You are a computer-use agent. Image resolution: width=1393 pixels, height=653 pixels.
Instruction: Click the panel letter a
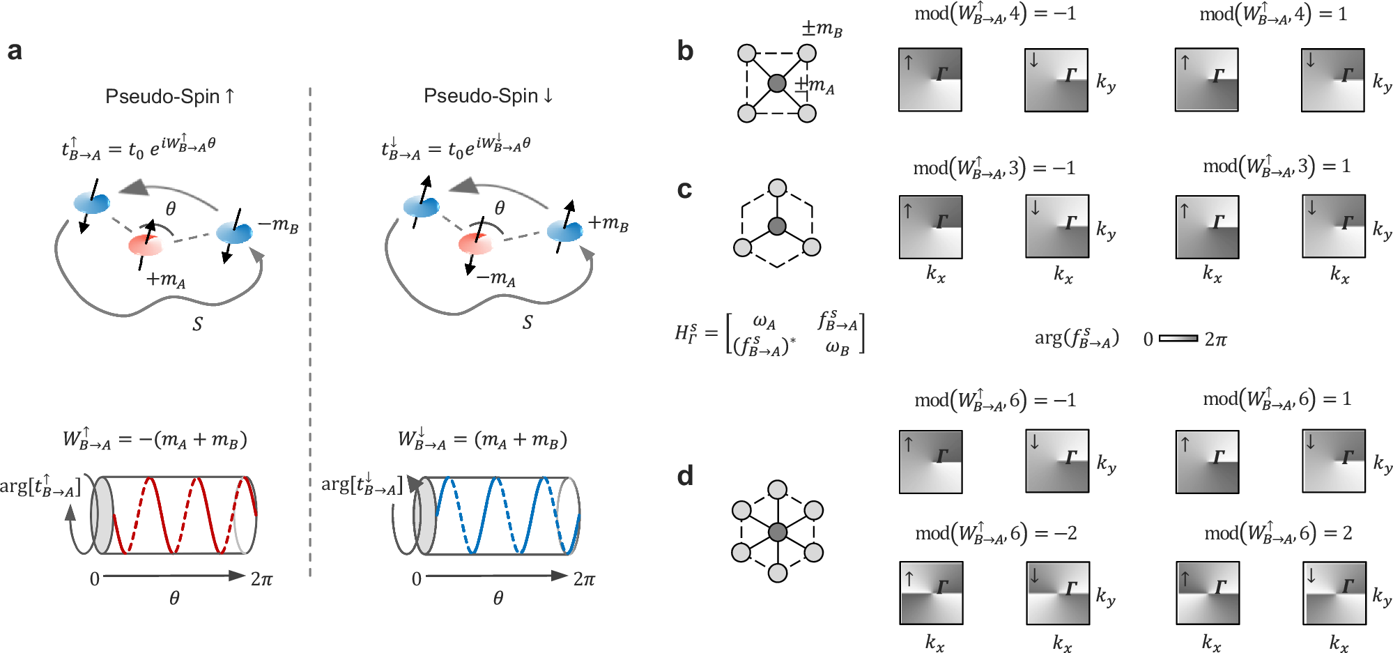point(15,51)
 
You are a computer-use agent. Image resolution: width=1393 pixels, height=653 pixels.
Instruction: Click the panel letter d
point(685,475)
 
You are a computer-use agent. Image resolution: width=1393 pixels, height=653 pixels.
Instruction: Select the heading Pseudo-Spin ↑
point(169,96)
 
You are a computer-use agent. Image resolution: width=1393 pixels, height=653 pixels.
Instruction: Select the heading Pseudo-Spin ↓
point(488,95)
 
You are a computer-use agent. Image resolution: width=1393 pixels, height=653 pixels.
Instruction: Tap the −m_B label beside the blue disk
point(278,224)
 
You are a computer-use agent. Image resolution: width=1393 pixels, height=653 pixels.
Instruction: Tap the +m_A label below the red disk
point(166,279)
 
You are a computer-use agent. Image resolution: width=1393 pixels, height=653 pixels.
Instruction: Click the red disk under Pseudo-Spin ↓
point(476,243)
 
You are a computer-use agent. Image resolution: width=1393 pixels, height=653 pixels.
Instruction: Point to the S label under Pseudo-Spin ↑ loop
point(198,324)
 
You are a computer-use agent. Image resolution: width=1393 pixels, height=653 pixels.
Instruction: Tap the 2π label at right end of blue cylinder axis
point(584,578)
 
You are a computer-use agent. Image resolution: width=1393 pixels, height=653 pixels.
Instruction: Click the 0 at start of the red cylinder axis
point(95,578)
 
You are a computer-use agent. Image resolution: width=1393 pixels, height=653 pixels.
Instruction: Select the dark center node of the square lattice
point(777,84)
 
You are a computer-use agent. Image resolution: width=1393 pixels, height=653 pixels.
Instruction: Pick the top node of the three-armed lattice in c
point(777,188)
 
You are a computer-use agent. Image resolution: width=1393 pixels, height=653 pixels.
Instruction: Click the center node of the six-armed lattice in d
point(778,532)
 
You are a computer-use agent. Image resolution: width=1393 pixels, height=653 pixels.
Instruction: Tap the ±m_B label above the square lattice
point(822,29)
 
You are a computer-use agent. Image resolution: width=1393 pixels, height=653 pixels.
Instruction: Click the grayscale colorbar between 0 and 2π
point(1178,339)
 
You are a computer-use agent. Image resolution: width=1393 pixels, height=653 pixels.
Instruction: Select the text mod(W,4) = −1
point(995,14)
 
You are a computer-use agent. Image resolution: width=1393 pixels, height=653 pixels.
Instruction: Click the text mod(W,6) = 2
point(1278,533)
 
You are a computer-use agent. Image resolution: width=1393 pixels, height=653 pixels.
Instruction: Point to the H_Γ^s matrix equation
point(769,333)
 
